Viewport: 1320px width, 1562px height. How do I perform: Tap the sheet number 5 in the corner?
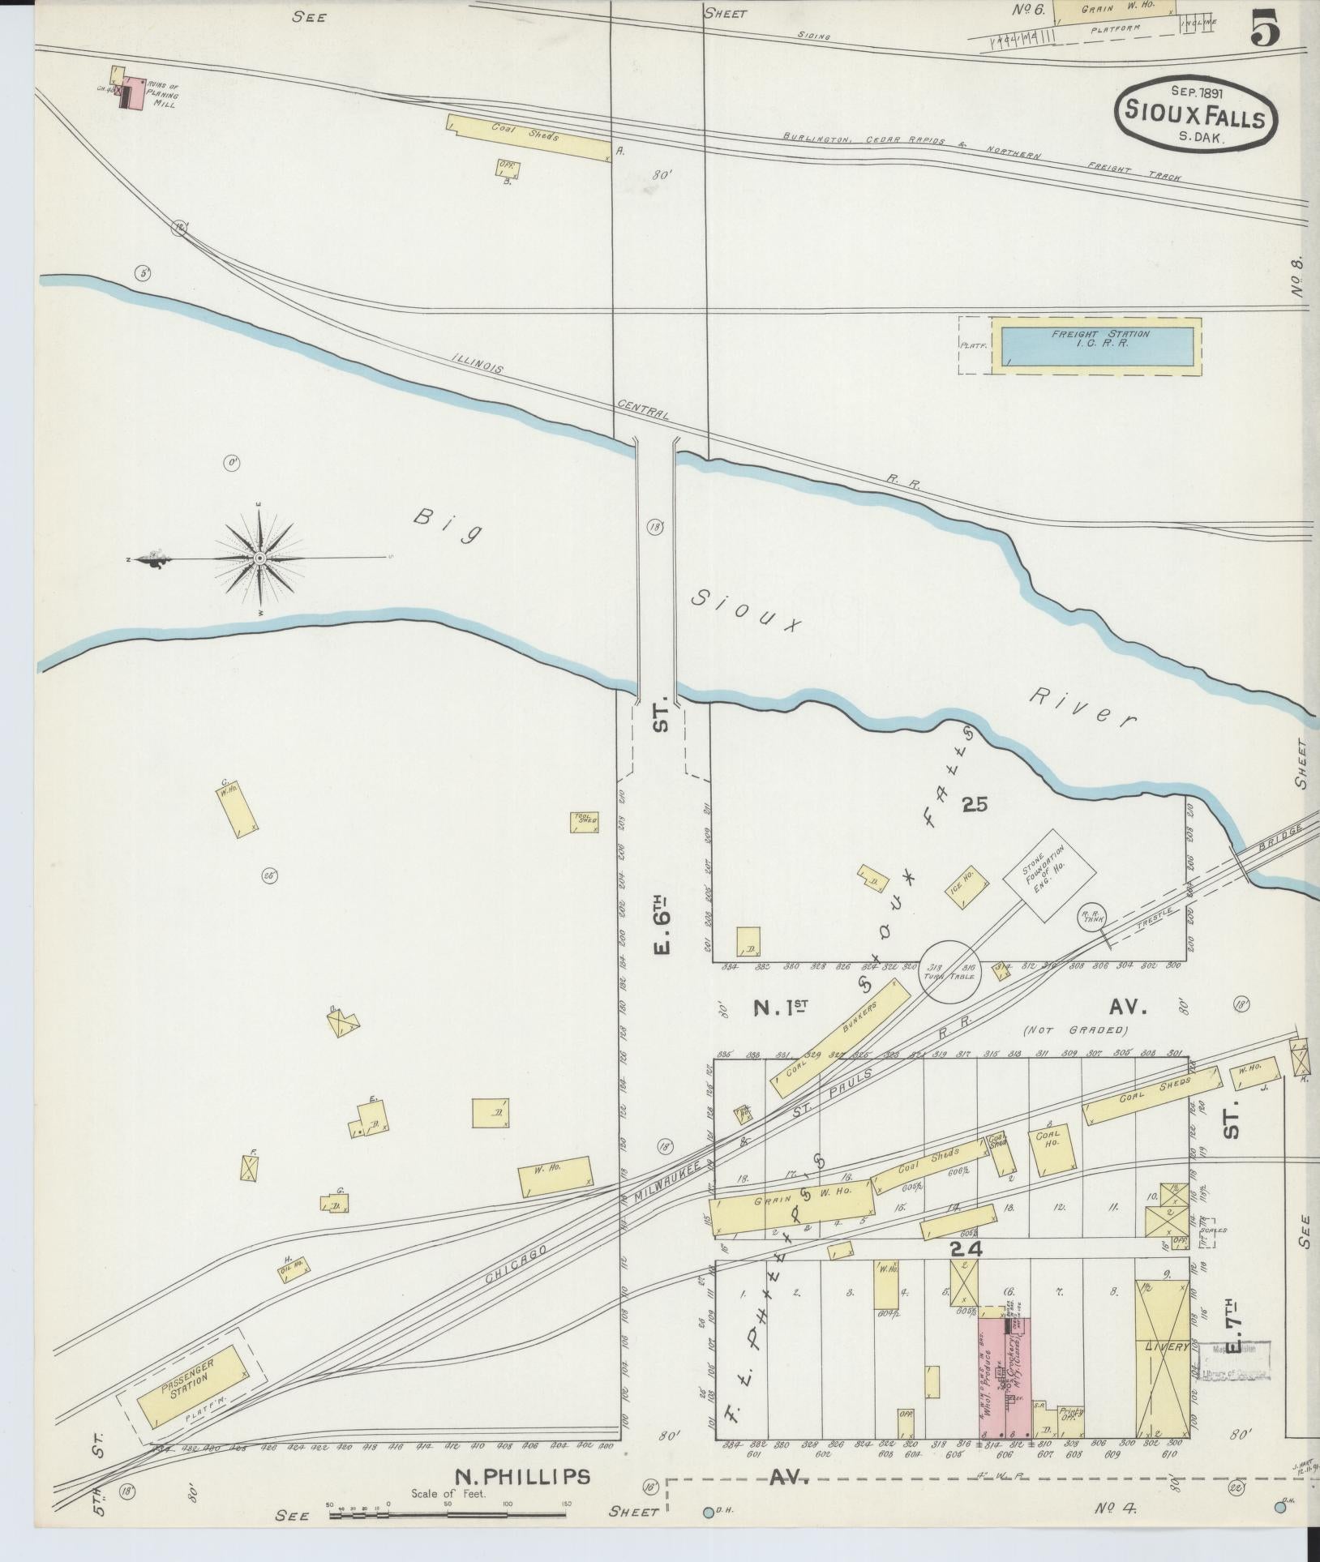pos(1265,32)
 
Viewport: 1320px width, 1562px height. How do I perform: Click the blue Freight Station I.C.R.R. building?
pos(1096,345)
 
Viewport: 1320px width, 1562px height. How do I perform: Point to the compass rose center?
pos(259,558)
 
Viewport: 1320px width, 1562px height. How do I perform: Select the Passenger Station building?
pos(191,1388)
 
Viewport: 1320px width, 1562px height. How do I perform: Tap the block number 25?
pos(975,804)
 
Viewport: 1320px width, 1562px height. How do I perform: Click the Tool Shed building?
pos(584,821)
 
